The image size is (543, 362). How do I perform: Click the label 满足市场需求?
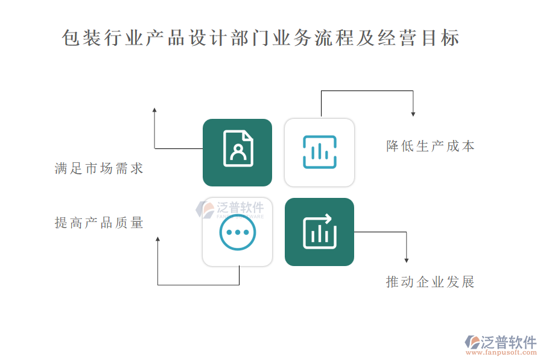pyautogui.click(x=99, y=168)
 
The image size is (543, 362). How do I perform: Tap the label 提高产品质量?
pyautogui.click(x=99, y=223)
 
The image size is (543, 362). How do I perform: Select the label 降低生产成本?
pyautogui.click(x=430, y=146)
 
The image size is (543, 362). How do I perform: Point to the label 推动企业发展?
pyautogui.click(x=430, y=282)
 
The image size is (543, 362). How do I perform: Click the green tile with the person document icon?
pyautogui.click(x=237, y=153)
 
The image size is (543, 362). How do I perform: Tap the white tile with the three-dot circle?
pyautogui.click(x=237, y=232)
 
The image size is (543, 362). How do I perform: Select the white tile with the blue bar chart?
pyautogui.click(x=319, y=153)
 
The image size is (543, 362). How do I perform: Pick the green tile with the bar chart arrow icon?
pyautogui.click(x=319, y=232)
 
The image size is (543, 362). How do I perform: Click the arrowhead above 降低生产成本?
pyautogui.click(x=413, y=114)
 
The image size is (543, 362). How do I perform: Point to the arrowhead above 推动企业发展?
pyautogui.click(x=407, y=260)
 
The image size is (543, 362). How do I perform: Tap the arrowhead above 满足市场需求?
pyautogui.click(x=154, y=110)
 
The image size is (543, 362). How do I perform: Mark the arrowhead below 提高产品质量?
pyautogui.click(x=157, y=239)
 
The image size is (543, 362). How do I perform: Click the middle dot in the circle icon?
pyautogui.click(x=238, y=232)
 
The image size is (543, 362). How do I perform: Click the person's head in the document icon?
pyautogui.click(x=238, y=149)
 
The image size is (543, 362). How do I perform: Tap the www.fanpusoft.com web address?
pyautogui.click(x=501, y=352)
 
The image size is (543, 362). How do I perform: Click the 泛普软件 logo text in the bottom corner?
pyautogui.click(x=509, y=342)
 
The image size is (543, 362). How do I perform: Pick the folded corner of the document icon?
pyautogui.click(x=249, y=135)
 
